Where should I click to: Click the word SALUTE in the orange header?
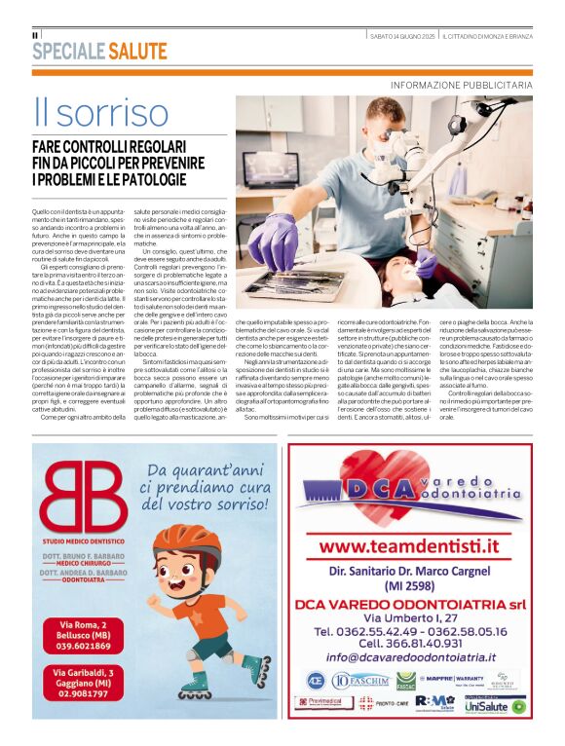(137, 52)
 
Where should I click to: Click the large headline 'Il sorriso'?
(85, 114)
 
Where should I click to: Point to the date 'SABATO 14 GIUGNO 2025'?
(401, 36)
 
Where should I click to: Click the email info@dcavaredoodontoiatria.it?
(409, 658)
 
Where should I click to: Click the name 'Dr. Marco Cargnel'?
(427, 571)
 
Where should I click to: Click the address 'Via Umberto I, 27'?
(409, 616)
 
